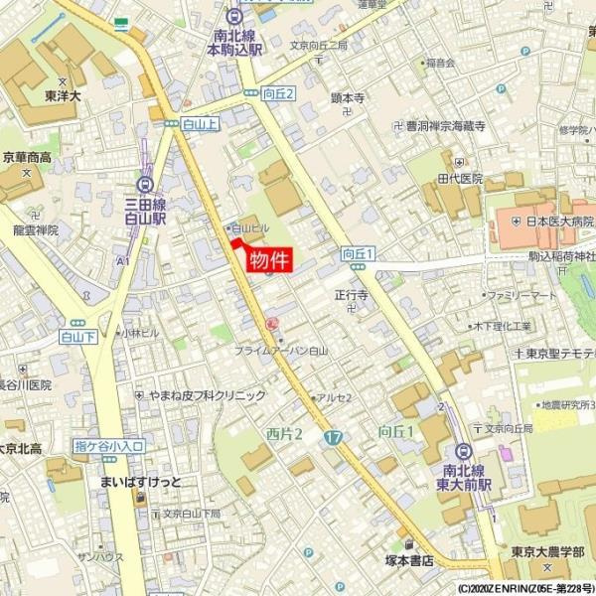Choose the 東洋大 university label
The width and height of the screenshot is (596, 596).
click(x=63, y=97)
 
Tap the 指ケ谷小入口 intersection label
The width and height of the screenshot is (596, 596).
click(x=108, y=446)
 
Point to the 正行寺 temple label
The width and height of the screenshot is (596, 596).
click(x=351, y=295)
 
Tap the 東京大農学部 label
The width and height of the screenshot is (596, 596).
click(x=549, y=551)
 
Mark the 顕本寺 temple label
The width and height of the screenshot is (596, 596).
click(x=349, y=98)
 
